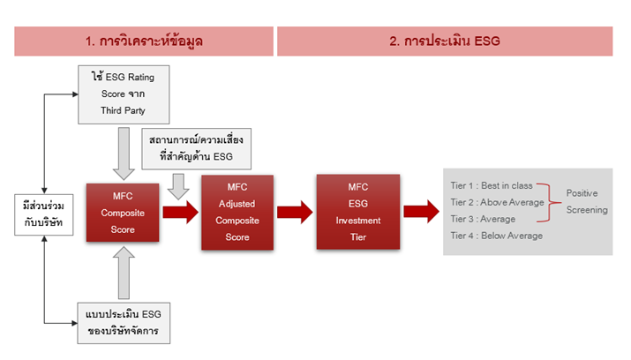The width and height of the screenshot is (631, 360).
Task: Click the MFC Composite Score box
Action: [x=123, y=213]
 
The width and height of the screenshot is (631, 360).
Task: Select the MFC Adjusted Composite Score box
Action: [x=237, y=213]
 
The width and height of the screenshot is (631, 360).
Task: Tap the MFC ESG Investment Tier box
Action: [x=358, y=212]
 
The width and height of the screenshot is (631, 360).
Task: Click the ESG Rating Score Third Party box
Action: [x=124, y=94]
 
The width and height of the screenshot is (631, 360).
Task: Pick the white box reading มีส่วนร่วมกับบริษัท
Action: [x=44, y=214]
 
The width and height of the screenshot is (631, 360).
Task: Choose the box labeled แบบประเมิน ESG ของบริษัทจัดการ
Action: [x=124, y=323]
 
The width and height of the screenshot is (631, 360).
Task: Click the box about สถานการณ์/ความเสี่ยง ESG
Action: [x=197, y=148]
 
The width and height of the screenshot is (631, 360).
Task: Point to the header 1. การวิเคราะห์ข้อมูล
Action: [x=144, y=41]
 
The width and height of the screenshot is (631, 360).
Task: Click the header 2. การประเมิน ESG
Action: [x=445, y=41]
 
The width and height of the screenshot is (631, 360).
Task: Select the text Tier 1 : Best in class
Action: [x=492, y=185]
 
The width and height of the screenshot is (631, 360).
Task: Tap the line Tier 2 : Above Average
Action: [x=497, y=202]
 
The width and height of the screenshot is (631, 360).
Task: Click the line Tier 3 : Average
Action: [x=483, y=219]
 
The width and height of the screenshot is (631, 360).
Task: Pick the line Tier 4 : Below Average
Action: [x=497, y=236]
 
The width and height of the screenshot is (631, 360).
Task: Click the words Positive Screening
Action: [x=587, y=201]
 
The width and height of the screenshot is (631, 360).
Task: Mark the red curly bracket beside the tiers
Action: [x=549, y=203]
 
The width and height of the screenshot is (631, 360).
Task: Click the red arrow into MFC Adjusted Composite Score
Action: [x=181, y=212]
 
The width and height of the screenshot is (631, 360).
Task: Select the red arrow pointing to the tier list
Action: [x=421, y=212]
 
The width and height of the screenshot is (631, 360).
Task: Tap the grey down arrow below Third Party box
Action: [x=124, y=154]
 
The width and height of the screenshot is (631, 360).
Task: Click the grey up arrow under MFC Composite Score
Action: [x=124, y=273]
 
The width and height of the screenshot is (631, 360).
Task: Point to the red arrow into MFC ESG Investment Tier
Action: [x=295, y=212]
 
